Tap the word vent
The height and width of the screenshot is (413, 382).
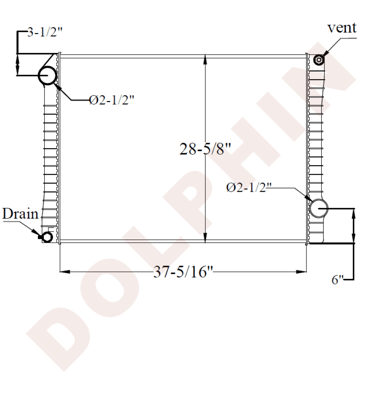coord(342,28)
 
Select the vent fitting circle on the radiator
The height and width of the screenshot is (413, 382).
coord(319,60)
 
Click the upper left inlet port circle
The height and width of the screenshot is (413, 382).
coord(47,76)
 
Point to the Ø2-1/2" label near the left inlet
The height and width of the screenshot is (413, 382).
coord(112,100)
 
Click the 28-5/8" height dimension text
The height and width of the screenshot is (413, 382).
coord(204,149)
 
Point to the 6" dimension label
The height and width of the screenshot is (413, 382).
coord(338,280)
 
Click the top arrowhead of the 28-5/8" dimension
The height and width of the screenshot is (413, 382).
coord(205,58)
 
